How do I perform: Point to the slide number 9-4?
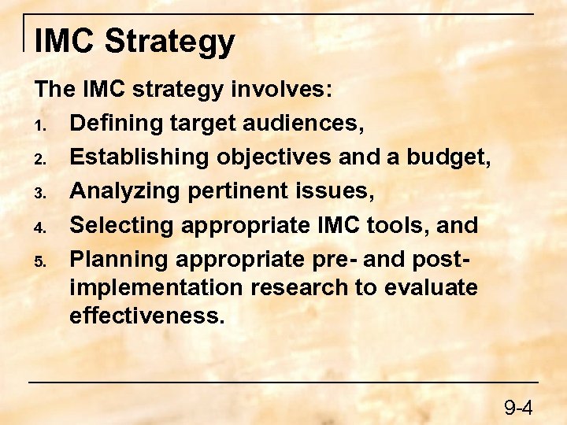click(x=519, y=408)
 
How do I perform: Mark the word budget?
click(x=448, y=157)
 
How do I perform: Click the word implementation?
click(x=157, y=288)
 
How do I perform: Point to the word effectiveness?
click(x=146, y=316)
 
